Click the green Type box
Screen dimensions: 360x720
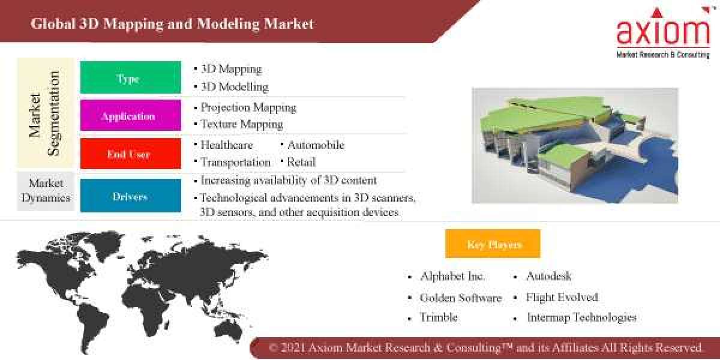pos(130,78)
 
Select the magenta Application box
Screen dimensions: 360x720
pos(130,116)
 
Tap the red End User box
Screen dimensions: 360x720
pos(130,154)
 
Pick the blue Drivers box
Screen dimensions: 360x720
pos(130,196)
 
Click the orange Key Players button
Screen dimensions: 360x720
pos(493,244)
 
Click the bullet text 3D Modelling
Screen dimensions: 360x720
pos(234,87)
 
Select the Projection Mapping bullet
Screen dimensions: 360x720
pos(248,108)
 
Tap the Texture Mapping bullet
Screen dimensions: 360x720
pos(241,125)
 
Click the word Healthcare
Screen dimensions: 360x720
pos(227,145)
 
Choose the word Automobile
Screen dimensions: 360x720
pos(316,145)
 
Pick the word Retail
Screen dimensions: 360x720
pos(301,162)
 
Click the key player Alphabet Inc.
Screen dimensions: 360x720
pos(452,277)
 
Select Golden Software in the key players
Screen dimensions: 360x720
pos(460,298)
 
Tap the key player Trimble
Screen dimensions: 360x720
pos(439,317)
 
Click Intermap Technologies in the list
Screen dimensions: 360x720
pos(581,317)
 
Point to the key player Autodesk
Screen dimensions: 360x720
pos(548,277)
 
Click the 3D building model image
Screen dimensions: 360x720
pos(575,145)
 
